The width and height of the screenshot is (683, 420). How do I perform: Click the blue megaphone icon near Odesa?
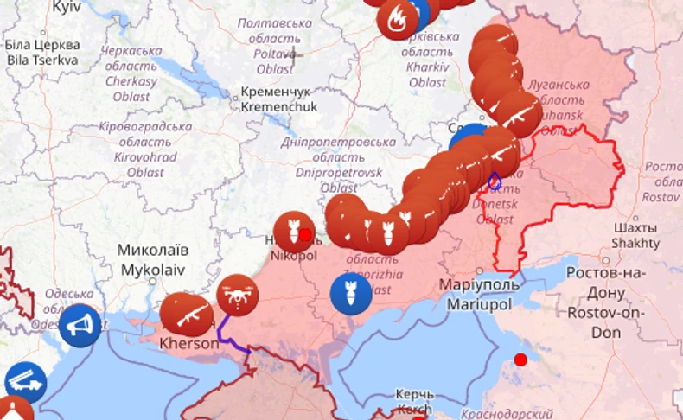[80, 326]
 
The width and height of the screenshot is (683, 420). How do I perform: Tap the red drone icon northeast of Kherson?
[238, 295]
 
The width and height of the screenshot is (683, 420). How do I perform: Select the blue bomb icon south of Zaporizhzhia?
[351, 294]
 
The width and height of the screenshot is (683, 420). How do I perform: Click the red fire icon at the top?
[398, 19]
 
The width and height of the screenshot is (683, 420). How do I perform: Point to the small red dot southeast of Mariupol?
[520, 360]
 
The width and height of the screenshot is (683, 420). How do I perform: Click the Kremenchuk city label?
[279, 99]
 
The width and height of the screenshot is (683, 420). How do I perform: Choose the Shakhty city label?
[635, 235]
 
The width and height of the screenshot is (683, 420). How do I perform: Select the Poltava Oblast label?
[274, 45]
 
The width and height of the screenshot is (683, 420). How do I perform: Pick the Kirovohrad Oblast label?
[144, 149]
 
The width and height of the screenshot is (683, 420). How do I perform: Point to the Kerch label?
[414, 401]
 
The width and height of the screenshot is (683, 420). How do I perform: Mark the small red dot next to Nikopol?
[305, 234]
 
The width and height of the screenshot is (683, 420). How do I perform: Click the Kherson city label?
[189, 343]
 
